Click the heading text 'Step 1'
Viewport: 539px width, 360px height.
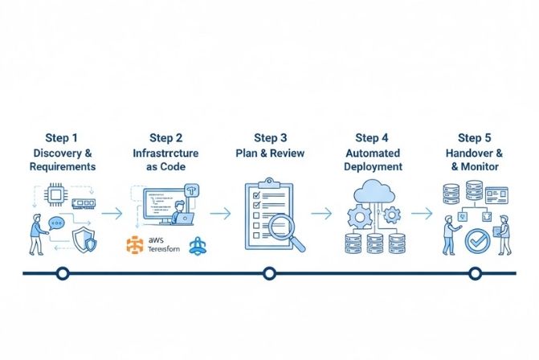click(x=63, y=138)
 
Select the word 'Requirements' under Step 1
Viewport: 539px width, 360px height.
click(x=63, y=167)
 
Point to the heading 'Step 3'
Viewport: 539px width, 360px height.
click(x=270, y=138)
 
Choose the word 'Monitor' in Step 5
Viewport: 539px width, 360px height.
click(x=480, y=167)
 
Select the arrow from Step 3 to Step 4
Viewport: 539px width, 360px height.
click(x=321, y=213)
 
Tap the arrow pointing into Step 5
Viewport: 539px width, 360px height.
click(x=422, y=213)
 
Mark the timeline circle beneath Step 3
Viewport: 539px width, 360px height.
click(x=269, y=273)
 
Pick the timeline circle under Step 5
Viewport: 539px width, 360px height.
click(x=475, y=273)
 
